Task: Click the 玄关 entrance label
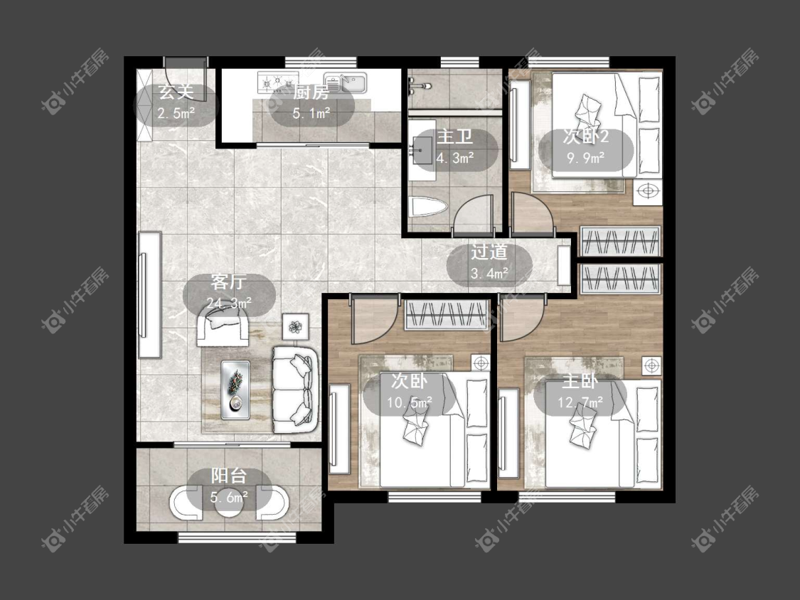click(176, 92)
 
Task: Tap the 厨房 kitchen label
click(311, 92)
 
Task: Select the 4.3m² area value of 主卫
click(455, 158)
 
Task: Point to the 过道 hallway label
click(489, 252)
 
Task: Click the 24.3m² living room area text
click(229, 303)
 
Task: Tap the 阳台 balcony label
click(229, 476)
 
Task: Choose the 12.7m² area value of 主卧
click(580, 402)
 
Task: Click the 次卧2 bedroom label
click(586, 136)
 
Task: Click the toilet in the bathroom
click(428, 208)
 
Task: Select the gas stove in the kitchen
click(278, 82)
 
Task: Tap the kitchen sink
click(346, 82)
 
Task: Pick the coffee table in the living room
click(235, 390)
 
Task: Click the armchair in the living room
click(223, 329)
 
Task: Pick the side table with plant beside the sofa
click(295, 326)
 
